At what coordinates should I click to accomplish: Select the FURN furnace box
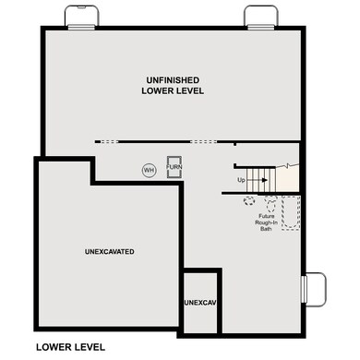click(x=172, y=167)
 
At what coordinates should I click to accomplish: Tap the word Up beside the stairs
click(x=241, y=179)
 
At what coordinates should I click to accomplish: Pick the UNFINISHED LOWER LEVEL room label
click(x=173, y=86)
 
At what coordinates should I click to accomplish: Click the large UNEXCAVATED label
click(x=110, y=251)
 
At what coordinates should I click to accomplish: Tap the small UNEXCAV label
click(x=199, y=303)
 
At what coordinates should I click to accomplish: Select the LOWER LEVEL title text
click(x=70, y=347)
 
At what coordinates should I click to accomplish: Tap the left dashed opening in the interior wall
click(x=111, y=141)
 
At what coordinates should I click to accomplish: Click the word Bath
click(x=267, y=228)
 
